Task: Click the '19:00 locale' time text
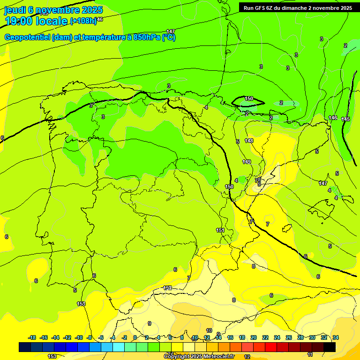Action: (x=36, y=21)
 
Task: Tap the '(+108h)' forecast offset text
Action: (x=83, y=21)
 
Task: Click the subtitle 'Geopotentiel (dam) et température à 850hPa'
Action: (x=90, y=37)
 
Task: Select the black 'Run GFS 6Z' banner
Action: (x=298, y=7)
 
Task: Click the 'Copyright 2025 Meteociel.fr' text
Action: (x=199, y=356)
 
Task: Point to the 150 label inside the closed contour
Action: (x=249, y=98)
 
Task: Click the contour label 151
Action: (x=220, y=230)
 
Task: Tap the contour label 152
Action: (x=167, y=288)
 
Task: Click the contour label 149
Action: (x=247, y=162)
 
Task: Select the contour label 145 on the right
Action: (x=345, y=120)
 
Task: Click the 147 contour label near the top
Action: (x=171, y=31)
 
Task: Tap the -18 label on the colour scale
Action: (x=32, y=337)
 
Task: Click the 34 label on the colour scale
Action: (x=336, y=337)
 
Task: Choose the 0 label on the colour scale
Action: (x=135, y=337)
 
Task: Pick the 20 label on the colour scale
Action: (x=254, y=337)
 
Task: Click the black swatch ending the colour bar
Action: (x=330, y=347)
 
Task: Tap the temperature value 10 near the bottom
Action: (x=209, y=330)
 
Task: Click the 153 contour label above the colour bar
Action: (x=81, y=304)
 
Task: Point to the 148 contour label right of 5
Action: (x=249, y=141)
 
